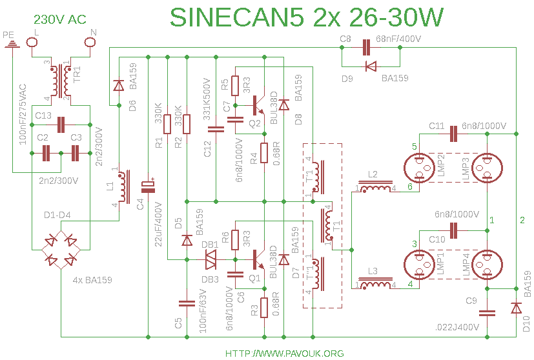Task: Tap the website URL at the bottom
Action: (x=284, y=354)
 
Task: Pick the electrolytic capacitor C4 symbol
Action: (x=149, y=186)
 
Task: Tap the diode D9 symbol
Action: (x=370, y=66)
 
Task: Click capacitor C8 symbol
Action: (x=366, y=47)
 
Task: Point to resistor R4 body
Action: (x=263, y=153)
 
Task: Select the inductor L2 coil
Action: (x=375, y=188)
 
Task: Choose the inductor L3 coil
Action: (x=375, y=285)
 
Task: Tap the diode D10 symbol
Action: (x=516, y=309)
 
